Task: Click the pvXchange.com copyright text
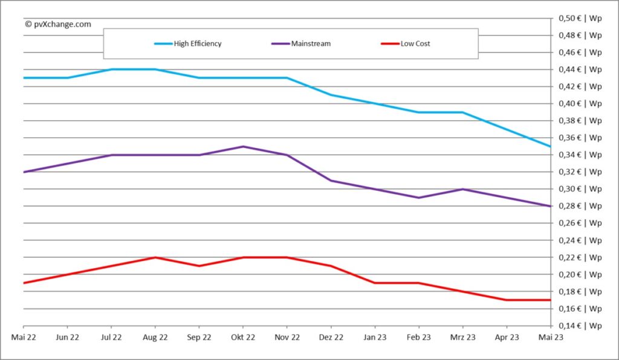click(x=58, y=24)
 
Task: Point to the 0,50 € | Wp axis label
click(x=578, y=18)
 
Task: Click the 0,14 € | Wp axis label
click(x=578, y=326)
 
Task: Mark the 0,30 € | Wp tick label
click(x=578, y=189)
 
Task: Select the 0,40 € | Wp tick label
click(x=578, y=103)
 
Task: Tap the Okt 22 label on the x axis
click(x=242, y=338)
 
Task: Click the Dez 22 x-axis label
click(x=331, y=338)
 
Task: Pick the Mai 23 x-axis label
click(x=551, y=338)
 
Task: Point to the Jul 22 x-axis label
click(x=111, y=338)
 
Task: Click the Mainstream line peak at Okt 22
click(x=242, y=146)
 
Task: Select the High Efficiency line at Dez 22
click(x=331, y=95)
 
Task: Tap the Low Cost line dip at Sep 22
click(x=199, y=266)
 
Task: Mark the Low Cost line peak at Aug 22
click(x=155, y=257)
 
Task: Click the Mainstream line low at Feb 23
click(x=418, y=198)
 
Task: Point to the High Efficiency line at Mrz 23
click(x=462, y=112)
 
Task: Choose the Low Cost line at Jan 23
click(x=375, y=283)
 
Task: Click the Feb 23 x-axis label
click(x=418, y=338)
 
